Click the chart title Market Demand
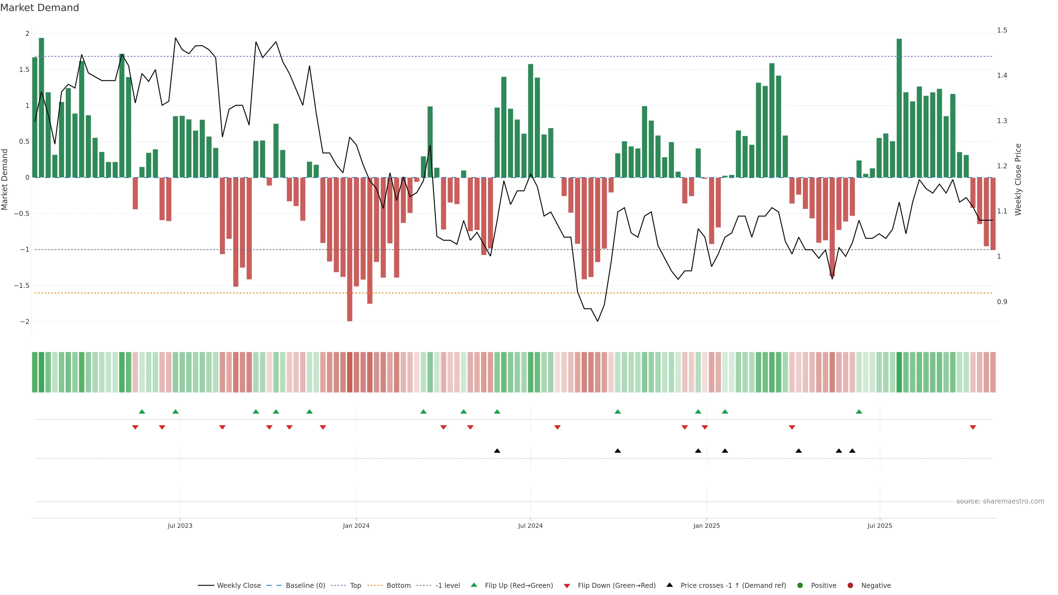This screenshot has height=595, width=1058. pyautogui.click(x=39, y=8)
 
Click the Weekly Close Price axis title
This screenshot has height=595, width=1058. pyautogui.click(x=1018, y=179)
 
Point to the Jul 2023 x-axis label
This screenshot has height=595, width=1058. pyautogui.click(x=180, y=526)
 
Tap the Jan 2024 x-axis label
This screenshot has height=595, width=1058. pyautogui.click(x=356, y=526)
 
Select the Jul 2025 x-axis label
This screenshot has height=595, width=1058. pyautogui.click(x=880, y=526)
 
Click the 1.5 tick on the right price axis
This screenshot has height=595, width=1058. pyautogui.click(x=1002, y=30)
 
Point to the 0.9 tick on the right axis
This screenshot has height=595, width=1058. pyautogui.click(x=1002, y=302)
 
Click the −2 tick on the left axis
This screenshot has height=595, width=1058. pyautogui.click(x=25, y=321)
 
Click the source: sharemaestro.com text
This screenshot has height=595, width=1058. pyautogui.click(x=1000, y=501)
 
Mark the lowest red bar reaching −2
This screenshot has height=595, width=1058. pyautogui.click(x=350, y=287)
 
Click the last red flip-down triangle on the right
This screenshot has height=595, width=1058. pyautogui.click(x=973, y=428)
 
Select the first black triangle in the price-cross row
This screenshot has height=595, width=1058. pyautogui.click(x=497, y=451)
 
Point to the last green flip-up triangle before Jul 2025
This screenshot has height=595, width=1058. pyautogui.click(x=859, y=412)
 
